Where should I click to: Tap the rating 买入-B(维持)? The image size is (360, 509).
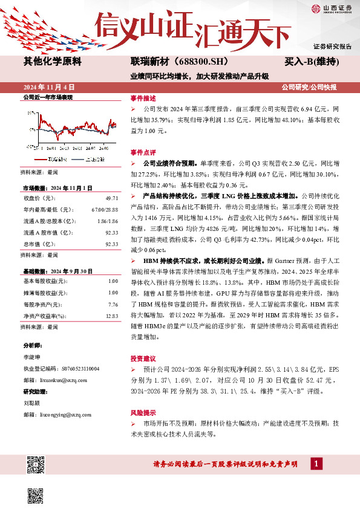311,62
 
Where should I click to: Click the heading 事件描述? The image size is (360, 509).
143,98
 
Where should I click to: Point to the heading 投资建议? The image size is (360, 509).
143,358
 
